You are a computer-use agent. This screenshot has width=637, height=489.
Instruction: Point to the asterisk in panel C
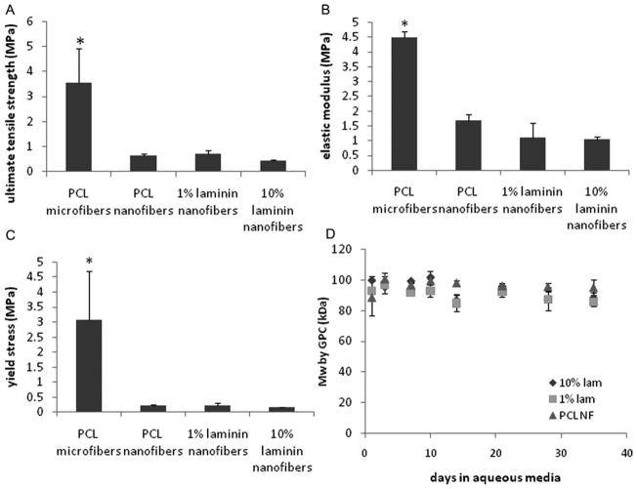pos(77,262)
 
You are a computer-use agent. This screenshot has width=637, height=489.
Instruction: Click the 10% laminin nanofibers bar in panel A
pos(266,165)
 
